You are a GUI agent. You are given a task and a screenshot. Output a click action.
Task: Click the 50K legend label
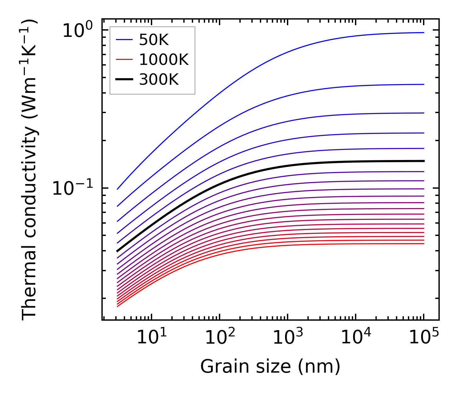(154, 40)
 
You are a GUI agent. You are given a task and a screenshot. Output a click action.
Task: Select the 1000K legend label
(164, 60)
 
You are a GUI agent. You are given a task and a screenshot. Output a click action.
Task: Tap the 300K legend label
(159, 80)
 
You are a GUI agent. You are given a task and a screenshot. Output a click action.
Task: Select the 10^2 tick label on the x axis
(220, 338)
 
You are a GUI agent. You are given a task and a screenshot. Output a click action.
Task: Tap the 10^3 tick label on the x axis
(288, 338)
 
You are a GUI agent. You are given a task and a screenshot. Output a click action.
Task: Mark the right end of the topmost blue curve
(424, 32)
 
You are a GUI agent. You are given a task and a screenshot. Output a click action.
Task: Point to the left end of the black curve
(117, 251)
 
